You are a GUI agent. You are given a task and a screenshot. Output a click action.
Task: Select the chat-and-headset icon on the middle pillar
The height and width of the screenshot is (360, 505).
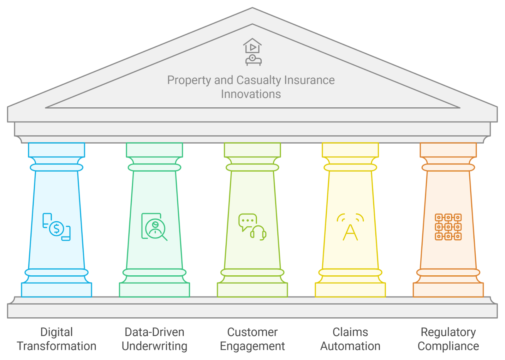(x=252, y=227)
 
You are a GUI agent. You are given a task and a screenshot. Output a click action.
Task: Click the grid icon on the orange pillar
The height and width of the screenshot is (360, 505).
(x=448, y=227)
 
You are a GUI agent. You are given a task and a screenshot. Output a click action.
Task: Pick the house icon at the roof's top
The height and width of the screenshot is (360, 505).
(x=252, y=46)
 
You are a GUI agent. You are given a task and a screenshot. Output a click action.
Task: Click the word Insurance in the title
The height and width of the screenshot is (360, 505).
(x=309, y=80)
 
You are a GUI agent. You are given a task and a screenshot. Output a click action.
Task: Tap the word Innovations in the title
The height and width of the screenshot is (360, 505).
(x=251, y=94)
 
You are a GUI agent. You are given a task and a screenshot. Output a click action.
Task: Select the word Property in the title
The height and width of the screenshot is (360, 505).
(x=189, y=80)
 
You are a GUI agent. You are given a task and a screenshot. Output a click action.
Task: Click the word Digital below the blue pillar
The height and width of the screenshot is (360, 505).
(x=56, y=332)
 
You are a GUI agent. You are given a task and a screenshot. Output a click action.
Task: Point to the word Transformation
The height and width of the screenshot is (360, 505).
(x=56, y=346)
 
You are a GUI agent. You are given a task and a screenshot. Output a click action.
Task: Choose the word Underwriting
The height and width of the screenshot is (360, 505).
(x=155, y=346)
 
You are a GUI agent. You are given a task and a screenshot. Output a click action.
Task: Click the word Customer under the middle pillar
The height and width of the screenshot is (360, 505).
(x=252, y=332)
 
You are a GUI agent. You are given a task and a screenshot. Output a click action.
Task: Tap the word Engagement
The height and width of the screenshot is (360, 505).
(x=252, y=346)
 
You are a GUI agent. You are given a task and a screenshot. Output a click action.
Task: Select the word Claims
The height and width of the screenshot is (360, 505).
(x=350, y=332)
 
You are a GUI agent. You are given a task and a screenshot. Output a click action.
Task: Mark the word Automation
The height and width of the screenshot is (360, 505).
(x=350, y=346)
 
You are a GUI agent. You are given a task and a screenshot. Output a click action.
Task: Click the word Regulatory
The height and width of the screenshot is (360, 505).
(x=448, y=332)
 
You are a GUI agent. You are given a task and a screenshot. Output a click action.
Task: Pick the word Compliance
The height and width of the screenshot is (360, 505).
(x=448, y=346)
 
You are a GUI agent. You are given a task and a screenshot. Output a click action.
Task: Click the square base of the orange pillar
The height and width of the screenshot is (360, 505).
(x=448, y=290)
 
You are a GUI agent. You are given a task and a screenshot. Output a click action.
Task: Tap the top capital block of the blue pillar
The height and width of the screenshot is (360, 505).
(x=56, y=150)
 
